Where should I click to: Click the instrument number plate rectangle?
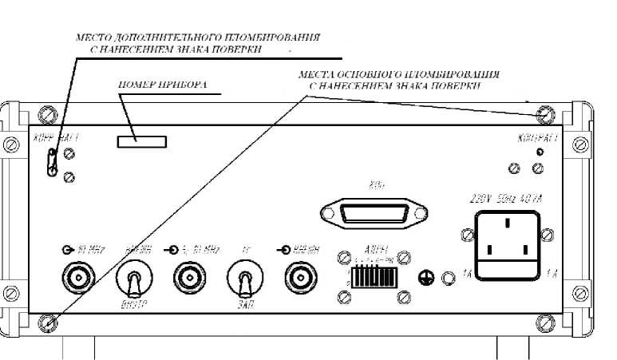141,141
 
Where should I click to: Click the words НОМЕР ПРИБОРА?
152,84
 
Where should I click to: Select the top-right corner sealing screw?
545,114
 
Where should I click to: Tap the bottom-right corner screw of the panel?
545,322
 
